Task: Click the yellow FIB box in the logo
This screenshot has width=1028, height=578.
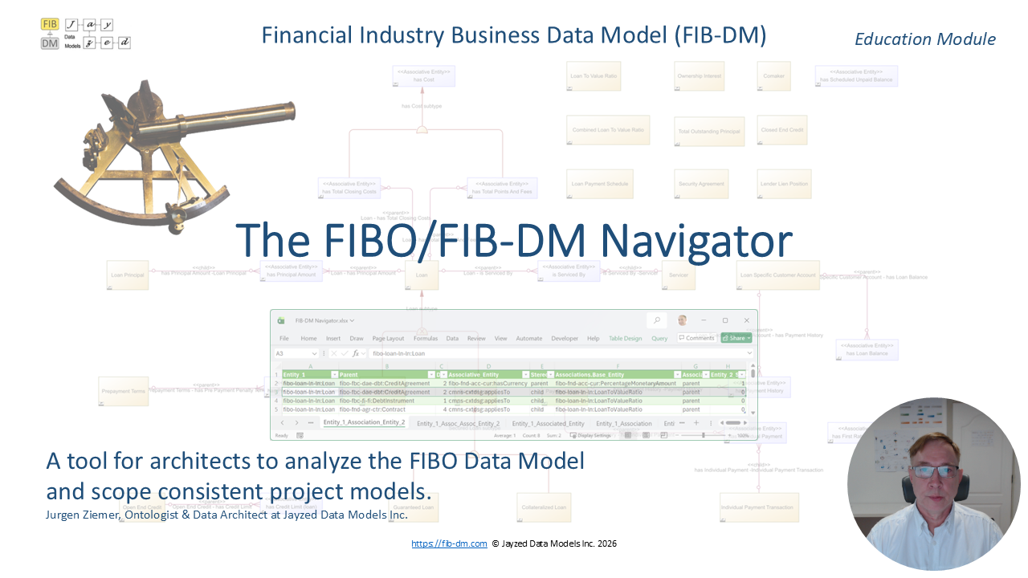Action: (x=50, y=24)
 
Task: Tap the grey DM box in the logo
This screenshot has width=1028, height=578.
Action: (x=50, y=43)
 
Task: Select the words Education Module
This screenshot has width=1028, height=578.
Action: (x=924, y=39)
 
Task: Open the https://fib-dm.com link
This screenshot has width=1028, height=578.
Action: (x=449, y=543)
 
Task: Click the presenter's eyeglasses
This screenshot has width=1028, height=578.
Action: (x=933, y=471)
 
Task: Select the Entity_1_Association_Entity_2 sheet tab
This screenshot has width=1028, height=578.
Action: (x=364, y=423)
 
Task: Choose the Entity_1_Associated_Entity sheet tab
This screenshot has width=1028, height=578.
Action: (x=548, y=423)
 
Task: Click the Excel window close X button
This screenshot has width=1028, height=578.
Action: (x=746, y=320)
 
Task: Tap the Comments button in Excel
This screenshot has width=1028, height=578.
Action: (x=696, y=339)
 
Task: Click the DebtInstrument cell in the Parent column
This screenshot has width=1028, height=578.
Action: (x=377, y=401)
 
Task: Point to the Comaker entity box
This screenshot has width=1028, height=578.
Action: (x=773, y=75)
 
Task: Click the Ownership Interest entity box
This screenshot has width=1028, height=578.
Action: (x=700, y=75)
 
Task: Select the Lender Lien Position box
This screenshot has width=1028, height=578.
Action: (x=783, y=184)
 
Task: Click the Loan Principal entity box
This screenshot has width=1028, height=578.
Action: (x=128, y=275)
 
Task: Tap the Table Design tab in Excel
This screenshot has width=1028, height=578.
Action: (x=625, y=339)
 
